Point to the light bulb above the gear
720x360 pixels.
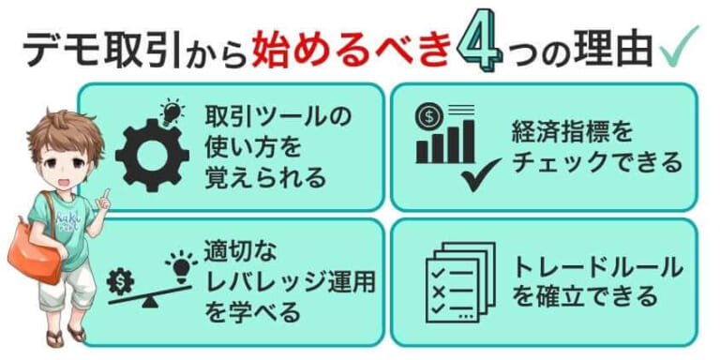coord(173,112)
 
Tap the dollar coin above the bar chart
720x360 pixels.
coord(430,118)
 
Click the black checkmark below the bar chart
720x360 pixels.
coord(484,174)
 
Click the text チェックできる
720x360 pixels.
coord(596,162)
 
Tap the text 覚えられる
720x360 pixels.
coord(265,176)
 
